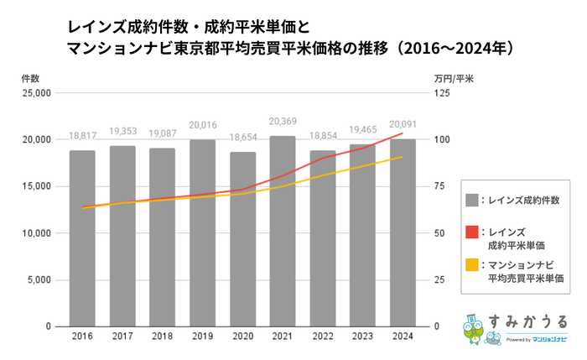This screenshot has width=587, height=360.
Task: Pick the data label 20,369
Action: pos(283,128)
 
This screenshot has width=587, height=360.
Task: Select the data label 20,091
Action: pos(403,131)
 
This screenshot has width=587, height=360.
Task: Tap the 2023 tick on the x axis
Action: pos(362,337)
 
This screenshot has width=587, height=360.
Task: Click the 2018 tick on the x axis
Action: pos(162,337)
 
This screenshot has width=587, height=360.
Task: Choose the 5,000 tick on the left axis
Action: pos(39,279)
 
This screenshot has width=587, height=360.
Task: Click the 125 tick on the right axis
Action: pos(441,93)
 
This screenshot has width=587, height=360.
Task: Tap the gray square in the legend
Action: pos(472,200)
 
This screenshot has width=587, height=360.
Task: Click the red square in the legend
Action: pos(472,232)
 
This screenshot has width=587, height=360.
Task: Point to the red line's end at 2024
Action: pos(403,133)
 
